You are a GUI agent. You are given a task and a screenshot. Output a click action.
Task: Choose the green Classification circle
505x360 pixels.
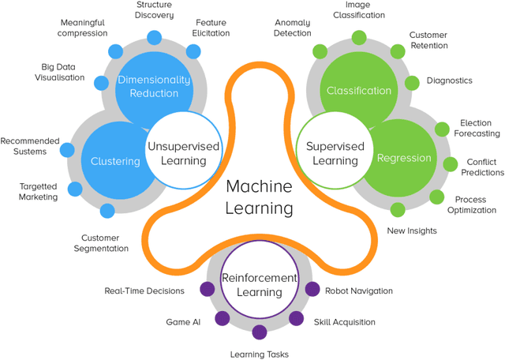(x=359, y=90)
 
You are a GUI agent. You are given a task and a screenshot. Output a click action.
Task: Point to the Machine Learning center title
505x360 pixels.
(x=259, y=197)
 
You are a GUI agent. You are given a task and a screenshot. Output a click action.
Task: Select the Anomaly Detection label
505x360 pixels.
(x=293, y=28)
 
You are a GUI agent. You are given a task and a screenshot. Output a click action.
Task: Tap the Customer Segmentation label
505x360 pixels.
(x=105, y=242)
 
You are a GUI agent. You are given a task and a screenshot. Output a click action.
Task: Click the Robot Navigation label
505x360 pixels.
(x=358, y=291)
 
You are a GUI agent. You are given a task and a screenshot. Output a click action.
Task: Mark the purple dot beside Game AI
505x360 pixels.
(x=223, y=319)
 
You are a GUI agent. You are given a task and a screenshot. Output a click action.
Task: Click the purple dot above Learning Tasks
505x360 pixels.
(x=259, y=332)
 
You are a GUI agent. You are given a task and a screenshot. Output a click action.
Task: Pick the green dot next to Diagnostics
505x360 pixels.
(x=412, y=82)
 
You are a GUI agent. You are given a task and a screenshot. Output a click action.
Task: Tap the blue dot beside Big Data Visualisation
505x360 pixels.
(x=100, y=82)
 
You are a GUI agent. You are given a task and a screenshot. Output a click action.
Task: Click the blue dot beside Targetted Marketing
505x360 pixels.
(x=76, y=189)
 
